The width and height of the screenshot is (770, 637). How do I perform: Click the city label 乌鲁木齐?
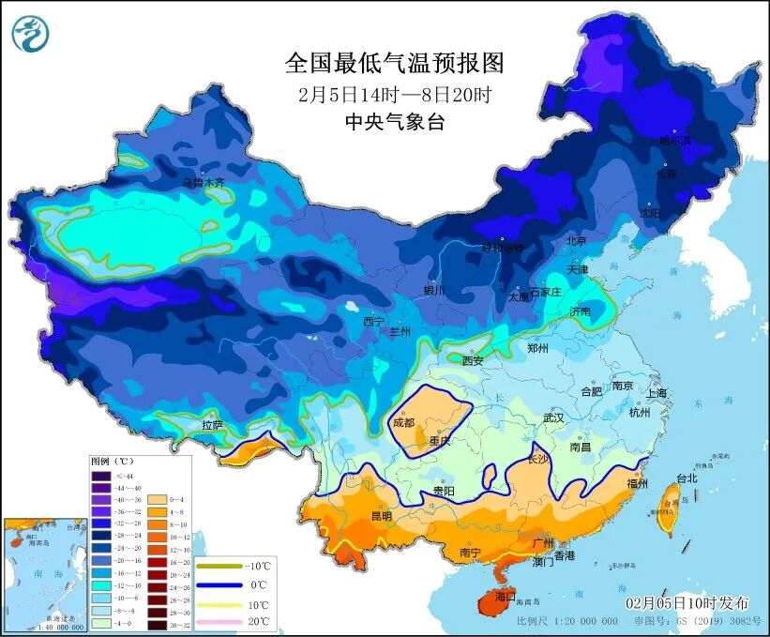[204, 183]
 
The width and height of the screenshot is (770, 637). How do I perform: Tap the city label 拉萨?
[213, 425]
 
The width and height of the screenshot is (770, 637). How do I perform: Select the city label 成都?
[403, 422]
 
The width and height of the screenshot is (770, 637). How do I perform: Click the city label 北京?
[576, 241]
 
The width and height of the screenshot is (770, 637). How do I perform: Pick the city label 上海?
[656, 393]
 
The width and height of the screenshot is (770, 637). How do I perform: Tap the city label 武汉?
[553, 417]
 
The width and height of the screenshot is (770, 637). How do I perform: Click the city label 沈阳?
[649, 213]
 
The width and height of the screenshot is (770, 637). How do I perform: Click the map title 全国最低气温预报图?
[394, 64]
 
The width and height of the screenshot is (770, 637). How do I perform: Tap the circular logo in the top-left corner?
[30, 36]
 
